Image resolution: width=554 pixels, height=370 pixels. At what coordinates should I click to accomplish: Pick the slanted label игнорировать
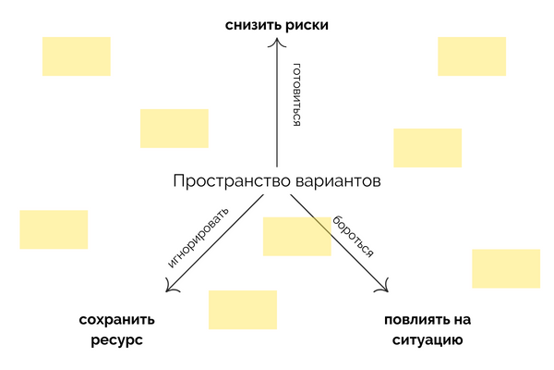tap(198, 241)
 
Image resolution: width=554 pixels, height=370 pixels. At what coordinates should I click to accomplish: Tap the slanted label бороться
tap(354, 238)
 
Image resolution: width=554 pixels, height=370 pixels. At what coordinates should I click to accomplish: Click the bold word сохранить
tap(117, 320)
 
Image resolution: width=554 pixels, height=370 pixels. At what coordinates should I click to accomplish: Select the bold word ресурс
tap(117, 340)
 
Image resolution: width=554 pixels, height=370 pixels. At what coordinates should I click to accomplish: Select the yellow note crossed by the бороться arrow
tap(296, 236)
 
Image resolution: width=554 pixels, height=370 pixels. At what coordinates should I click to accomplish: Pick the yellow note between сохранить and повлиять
tap(242, 310)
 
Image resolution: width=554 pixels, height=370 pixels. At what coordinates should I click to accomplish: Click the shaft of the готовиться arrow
tap(276, 111)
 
